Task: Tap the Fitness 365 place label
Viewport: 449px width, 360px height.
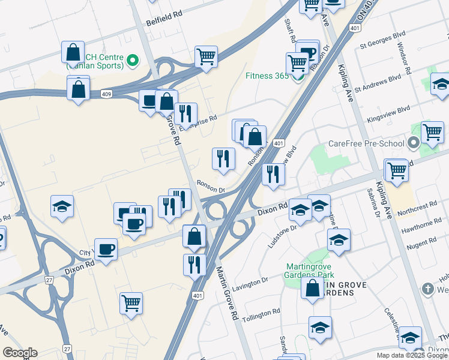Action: (267, 76)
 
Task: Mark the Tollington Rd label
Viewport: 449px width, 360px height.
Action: (261, 313)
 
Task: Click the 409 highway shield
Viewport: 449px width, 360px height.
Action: (106, 93)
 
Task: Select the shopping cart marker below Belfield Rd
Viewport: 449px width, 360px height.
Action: (206, 57)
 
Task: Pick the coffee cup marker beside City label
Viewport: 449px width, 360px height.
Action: (106, 248)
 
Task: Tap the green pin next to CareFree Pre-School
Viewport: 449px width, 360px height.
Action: (412, 144)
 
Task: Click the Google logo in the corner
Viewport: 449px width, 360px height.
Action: (20, 353)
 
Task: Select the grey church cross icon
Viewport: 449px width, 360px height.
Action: (429, 289)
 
